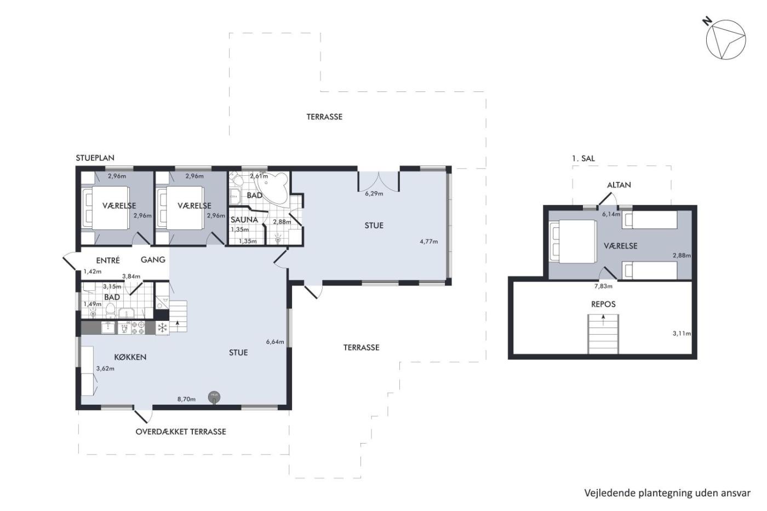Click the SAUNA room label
click(x=244, y=220)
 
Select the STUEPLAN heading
click(x=95, y=158)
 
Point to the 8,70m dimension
click(x=186, y=399)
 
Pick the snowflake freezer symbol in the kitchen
click(x=162, y=328)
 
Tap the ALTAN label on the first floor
click(x=619, y=185)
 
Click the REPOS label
click(x=603, y=304)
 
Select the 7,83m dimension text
click(x=603, y=286)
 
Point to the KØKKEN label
click(x=130, y=357)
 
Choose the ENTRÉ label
click(x=108, y=260)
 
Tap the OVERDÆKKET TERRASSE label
click(x=181, y=432)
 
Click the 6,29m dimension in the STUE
click(x=374, y=194)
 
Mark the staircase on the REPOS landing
click(x=603, y=334)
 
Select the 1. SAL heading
click(x=583, y=158)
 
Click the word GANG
click(x=153, y=260)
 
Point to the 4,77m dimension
click(x=428, y=242)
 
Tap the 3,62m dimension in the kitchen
click(x=105, y=369)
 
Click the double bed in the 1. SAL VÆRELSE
click(x=573, y=242)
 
